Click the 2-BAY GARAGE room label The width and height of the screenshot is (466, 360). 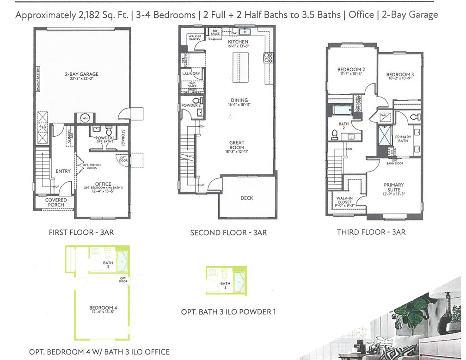point(81,74)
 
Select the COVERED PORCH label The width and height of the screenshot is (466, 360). point(56,202)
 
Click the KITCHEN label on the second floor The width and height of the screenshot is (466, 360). point(238,42)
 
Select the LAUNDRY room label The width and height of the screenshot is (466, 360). point(191,73)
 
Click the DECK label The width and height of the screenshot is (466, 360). point(247,198)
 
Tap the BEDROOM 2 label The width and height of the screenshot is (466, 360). point(348,70)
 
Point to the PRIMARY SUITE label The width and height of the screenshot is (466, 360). point(393,188)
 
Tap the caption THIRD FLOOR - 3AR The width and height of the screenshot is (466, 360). point(371,232)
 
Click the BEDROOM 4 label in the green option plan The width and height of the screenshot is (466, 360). point(99,307)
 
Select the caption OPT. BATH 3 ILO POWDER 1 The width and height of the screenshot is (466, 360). point(228,312)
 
